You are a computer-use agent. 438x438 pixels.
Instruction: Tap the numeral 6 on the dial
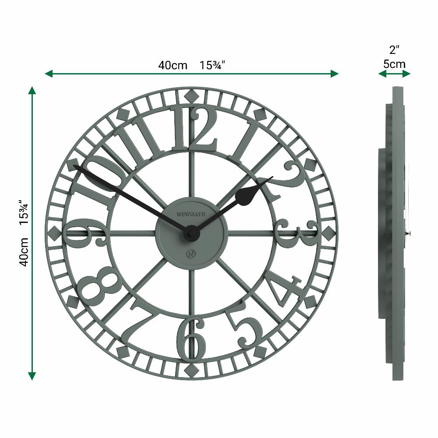click(191, 339)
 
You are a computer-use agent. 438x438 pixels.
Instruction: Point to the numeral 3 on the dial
click(298, 233)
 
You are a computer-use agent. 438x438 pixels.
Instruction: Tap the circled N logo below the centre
click(191, 254)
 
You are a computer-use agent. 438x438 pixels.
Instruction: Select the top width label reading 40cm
click(173, 66)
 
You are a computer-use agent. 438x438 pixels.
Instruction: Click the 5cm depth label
click(394, 64)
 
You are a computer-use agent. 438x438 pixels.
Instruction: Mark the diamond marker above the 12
click(191, 95)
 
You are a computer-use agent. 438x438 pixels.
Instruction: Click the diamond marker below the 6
click(191, 371)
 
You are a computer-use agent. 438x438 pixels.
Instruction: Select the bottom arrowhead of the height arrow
click(32, 376)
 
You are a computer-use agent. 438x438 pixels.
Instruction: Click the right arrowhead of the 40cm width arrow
click(335, 74)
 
